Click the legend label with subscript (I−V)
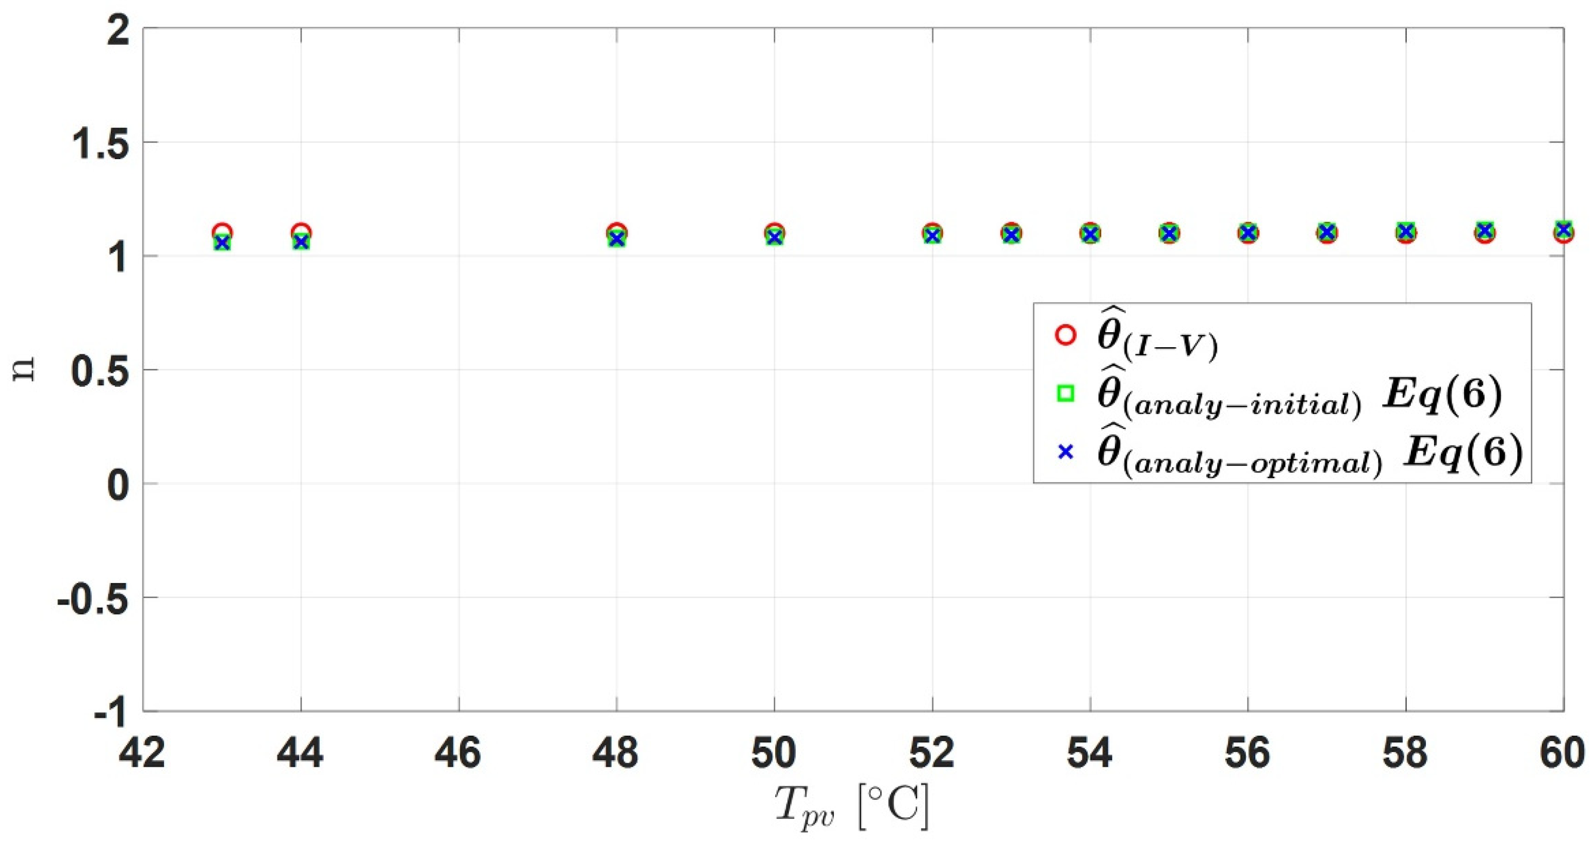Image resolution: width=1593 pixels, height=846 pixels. click(1157, 340)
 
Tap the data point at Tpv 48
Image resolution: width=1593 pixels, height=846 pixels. click(617, 236)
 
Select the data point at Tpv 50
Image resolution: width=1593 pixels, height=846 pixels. click(774, 235)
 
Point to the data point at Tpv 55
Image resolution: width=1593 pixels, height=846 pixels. click(1169, 233)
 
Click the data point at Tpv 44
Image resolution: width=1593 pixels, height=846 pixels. click(301, 238)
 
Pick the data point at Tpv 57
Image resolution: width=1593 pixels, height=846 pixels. click(1327, 232)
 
